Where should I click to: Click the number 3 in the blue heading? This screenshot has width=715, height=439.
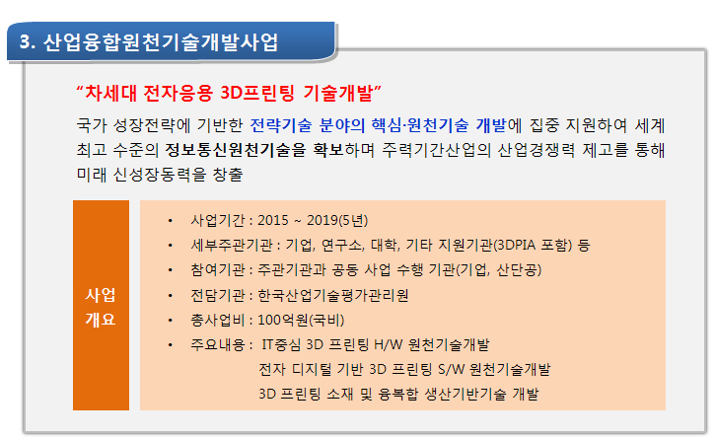pyautogui.click(x=25, y=42)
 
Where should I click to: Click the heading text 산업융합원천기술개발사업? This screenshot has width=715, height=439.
pyautogui.click(x=160, y=42)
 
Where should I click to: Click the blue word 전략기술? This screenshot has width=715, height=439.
pyautogui.click(x=281, y=125)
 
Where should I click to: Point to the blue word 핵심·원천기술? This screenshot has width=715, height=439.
pyautogui.click(x=420, y=125)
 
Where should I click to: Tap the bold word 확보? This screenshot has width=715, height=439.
pyautogui.click(x=328, y=150)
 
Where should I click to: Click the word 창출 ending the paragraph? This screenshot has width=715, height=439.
pyautogui.click(x=228, y=175)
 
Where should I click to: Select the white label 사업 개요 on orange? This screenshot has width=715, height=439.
pyautogui.click(x=101, y=307)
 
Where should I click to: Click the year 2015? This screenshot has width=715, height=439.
pyautogui.click(x=273, y=220)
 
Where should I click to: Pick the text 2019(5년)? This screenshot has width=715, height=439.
pyautogui.click(x=337, y=220)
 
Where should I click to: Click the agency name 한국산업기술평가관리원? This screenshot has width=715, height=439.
pyautogui.click(x=333, y=295)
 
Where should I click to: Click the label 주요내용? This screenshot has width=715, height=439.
pyautogui.click(x=218, y=344)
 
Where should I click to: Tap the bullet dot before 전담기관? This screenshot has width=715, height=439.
pyautogui.click(x=170, y=296)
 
